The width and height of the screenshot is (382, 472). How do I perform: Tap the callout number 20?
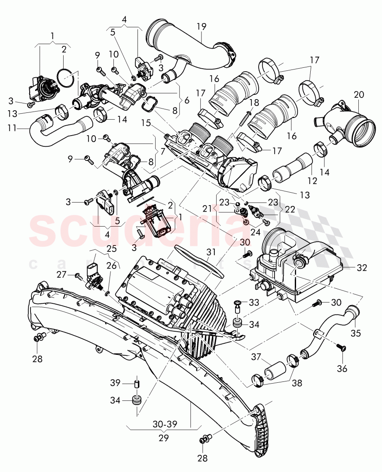pyautogui.click(x=359, y=94)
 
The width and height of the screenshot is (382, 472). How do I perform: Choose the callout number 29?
pyautogui.click(x=163, y=438)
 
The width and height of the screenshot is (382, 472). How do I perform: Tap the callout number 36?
pyautogui.click(x=342, y=369)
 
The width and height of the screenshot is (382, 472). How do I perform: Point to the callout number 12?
pyautogui.click(x=312, y=181)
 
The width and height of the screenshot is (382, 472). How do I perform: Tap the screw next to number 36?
pyautogui.click(x=341, y=348)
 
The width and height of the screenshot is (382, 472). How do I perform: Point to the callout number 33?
pyautogui.click(x=254, y=303)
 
